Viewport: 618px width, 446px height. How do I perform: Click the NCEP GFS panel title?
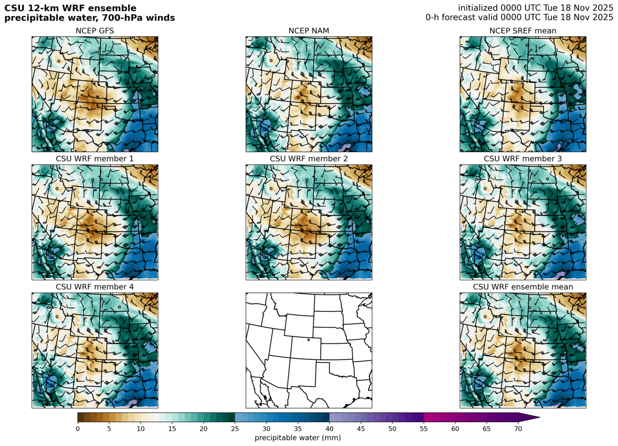(x=94, y=31)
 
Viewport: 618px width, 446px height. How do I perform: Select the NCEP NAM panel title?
(x=309, y=31)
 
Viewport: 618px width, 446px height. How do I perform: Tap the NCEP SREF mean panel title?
(x=523, y=31)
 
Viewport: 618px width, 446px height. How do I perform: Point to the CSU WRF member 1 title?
(x=94, y=159)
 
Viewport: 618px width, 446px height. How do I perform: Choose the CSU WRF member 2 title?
(x=309, y=159)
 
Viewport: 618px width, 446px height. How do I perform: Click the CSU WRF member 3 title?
(x=523, y=159)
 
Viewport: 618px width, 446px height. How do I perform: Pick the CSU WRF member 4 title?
(x=94, y=286)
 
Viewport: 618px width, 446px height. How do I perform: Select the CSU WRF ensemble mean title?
(x=523, y=286)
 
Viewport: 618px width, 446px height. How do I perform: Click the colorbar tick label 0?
(x=78, y=429)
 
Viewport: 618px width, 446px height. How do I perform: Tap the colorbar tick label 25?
(x=235, y=429)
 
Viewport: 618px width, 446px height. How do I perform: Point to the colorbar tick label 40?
(x=329, y=429)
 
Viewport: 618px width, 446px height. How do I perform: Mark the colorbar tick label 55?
(x=424, y=429)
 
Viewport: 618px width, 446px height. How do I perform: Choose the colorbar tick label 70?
(x=518, y=429)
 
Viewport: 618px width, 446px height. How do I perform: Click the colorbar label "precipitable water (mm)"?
(x=298, y=438)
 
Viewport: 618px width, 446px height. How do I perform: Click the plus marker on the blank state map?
(x=308, y=340)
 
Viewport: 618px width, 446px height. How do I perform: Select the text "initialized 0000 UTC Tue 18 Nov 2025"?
(x=536, y=8)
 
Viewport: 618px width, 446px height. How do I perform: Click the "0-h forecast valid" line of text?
(x=519, y=17)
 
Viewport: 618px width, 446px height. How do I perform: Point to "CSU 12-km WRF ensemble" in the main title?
(x=70, y=8)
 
